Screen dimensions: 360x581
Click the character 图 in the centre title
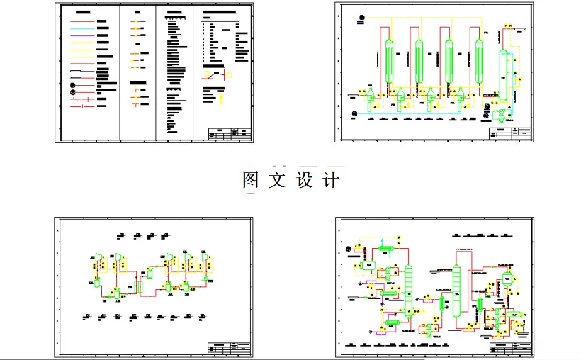pyautogui.click(x=250, y=180)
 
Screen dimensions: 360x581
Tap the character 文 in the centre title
pyautogui.click(x=277, y=180)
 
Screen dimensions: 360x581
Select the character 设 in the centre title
pyautogui.click(x=304, y=180)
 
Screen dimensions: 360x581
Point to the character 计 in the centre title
pyautogui.click(x=330, y=180)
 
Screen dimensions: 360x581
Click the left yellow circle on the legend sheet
pyautogui.click(x=207, y=73)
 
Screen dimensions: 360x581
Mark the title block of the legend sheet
pyautogui.click(x=230, y=133)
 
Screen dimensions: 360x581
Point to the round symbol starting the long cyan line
pyautogui.click(x=355, y=112)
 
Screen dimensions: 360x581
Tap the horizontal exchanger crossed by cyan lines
pyautogui.click(x=388, y=292)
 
